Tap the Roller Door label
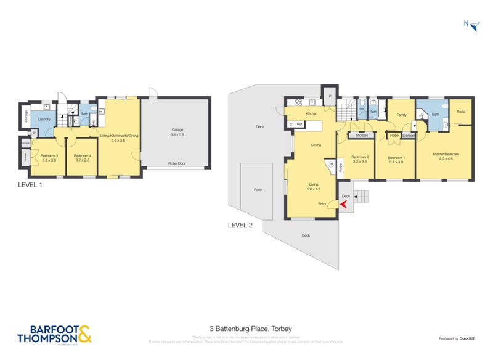[177, 164]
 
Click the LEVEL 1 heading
[30, 185]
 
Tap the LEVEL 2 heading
[240, 226]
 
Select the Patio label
[258, 189]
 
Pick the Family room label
[401, 115]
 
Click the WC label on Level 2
[362, 112]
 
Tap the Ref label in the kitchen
[299, 125]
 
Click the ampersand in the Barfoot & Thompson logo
[84, 333]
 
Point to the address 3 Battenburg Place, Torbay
[246, 329]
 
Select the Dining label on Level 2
[316, 145]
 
